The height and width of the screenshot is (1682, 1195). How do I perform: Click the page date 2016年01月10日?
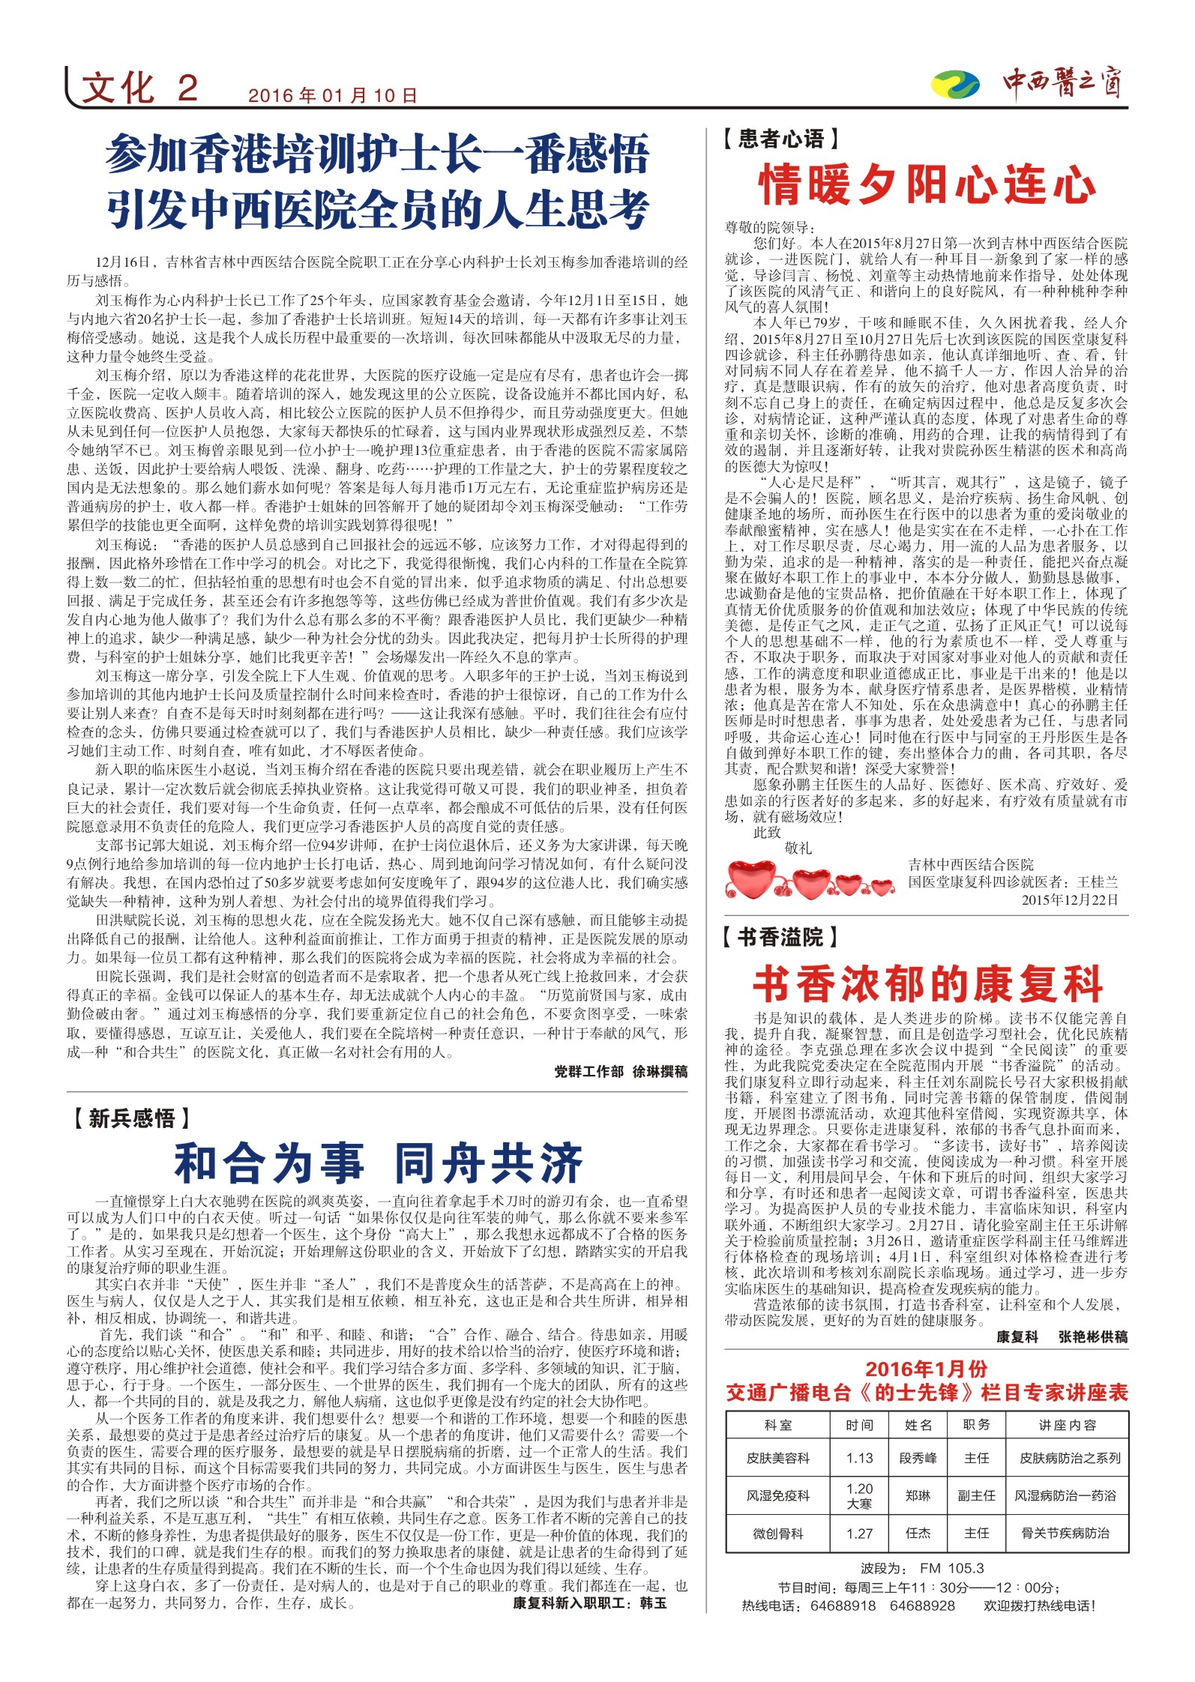(x=332, y=96)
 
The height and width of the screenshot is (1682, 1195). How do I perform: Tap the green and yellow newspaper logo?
(x=954, y=84)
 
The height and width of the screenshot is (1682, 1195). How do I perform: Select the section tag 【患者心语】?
(x=781, y=139)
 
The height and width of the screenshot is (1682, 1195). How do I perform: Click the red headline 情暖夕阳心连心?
(x=927, y=184)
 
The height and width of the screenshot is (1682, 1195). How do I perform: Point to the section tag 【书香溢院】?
(x=780, y=937)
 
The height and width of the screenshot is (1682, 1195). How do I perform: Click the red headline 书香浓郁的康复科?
(x=927, y=984)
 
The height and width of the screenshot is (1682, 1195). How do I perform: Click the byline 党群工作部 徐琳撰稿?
(x=621, y=1072)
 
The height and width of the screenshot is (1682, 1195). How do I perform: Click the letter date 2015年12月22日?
(x=1070, y=900)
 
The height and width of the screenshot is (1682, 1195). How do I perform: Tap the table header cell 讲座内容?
(x=1067, y=1425)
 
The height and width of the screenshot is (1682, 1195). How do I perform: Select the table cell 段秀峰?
(x=918, y=1458)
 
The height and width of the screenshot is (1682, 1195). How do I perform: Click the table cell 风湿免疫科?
(x=777, y=1495)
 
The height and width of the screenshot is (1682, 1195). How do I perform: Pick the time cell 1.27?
(x=859, y=1533)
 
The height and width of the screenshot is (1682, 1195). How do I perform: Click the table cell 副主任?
(x=976, y=1495)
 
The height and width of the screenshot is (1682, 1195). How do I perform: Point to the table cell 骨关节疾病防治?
(x=1066, y=1533)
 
